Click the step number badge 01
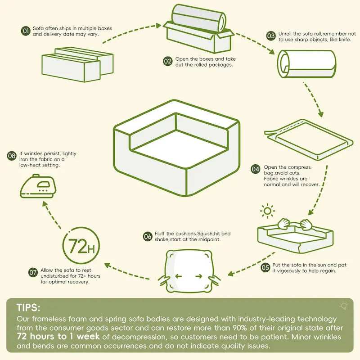26,31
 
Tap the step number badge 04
255,169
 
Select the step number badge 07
33,273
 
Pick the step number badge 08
12,156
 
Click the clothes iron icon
38,186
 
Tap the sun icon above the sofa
267,211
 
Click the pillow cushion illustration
189,271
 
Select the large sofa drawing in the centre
177,148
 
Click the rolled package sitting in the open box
199,18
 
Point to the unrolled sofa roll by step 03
306,64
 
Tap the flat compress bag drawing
309,139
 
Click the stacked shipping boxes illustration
77,64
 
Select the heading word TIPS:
28,308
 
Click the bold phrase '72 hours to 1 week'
58,336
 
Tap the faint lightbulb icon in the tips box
344,306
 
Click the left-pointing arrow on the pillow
178,276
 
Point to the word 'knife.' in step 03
345,40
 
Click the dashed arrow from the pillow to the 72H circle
127,272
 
